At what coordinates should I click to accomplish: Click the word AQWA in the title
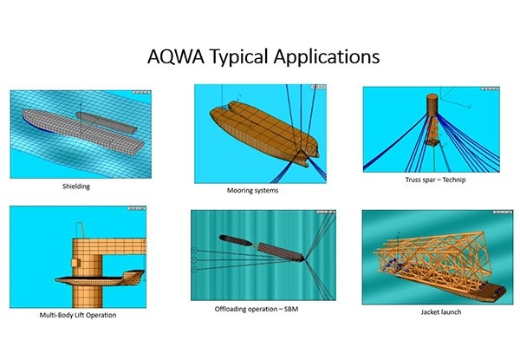click(176, 56)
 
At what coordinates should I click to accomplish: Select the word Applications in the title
click(327, 57)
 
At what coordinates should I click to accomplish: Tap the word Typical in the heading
click(239, 57)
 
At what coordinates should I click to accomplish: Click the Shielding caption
click(76, 187)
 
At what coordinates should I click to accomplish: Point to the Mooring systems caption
click(253, 191)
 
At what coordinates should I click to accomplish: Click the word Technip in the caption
click(454, 180)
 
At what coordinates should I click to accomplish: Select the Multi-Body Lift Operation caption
click(78, 315)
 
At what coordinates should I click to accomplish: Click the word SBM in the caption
click(291, 309)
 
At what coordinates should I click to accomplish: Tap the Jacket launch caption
click(441, 312)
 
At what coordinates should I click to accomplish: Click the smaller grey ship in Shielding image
click(106, 122)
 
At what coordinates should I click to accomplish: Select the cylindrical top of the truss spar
click(432, 105)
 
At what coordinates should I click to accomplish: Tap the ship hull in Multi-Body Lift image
click(101, 278)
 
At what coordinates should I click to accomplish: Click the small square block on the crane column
click(76, 263)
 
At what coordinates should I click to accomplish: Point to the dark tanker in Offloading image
click(236, 240)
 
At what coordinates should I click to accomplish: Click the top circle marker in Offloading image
click(194, 250)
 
